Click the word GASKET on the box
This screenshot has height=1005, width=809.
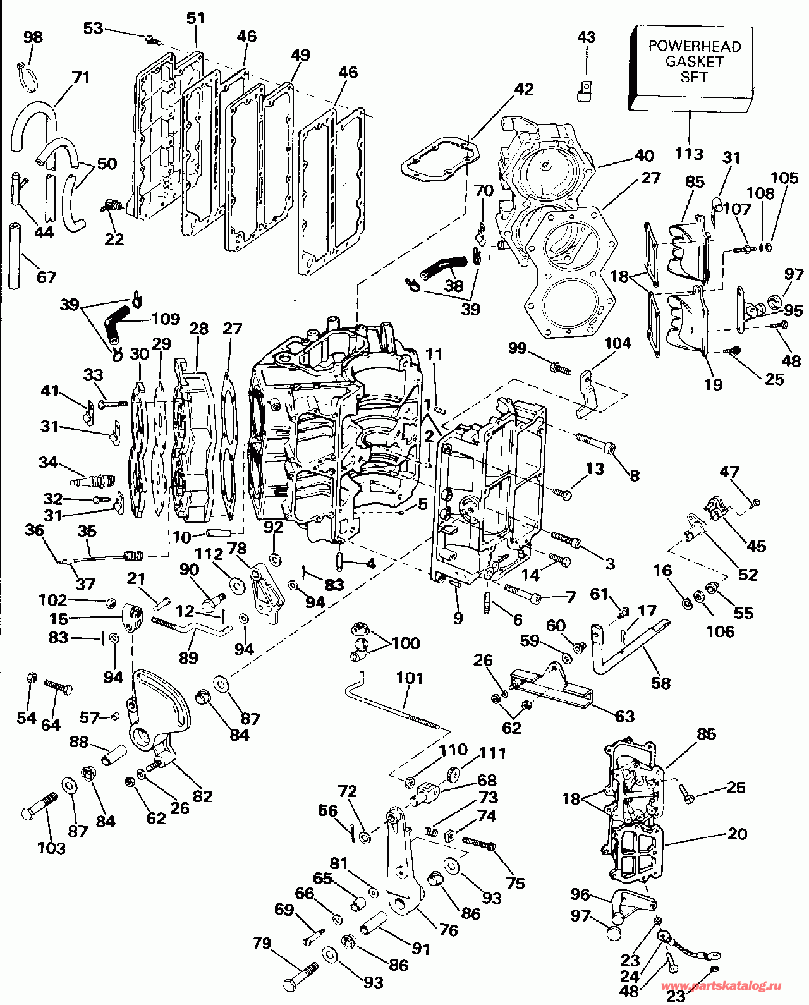tap(694, 62)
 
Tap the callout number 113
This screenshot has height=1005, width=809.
tap(689, 154)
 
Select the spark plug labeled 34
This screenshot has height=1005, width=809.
tap(90, 480)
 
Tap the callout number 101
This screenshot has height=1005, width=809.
tap(410, 678)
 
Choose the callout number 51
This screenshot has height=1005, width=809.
tap(195, 18)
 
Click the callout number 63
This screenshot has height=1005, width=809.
tap(624, 716)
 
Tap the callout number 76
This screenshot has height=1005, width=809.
tap(448, 930)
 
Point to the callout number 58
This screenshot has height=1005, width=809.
tap(660, 683)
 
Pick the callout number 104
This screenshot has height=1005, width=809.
tap(617, 343)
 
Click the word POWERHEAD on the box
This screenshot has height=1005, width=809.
tap(695, 46)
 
